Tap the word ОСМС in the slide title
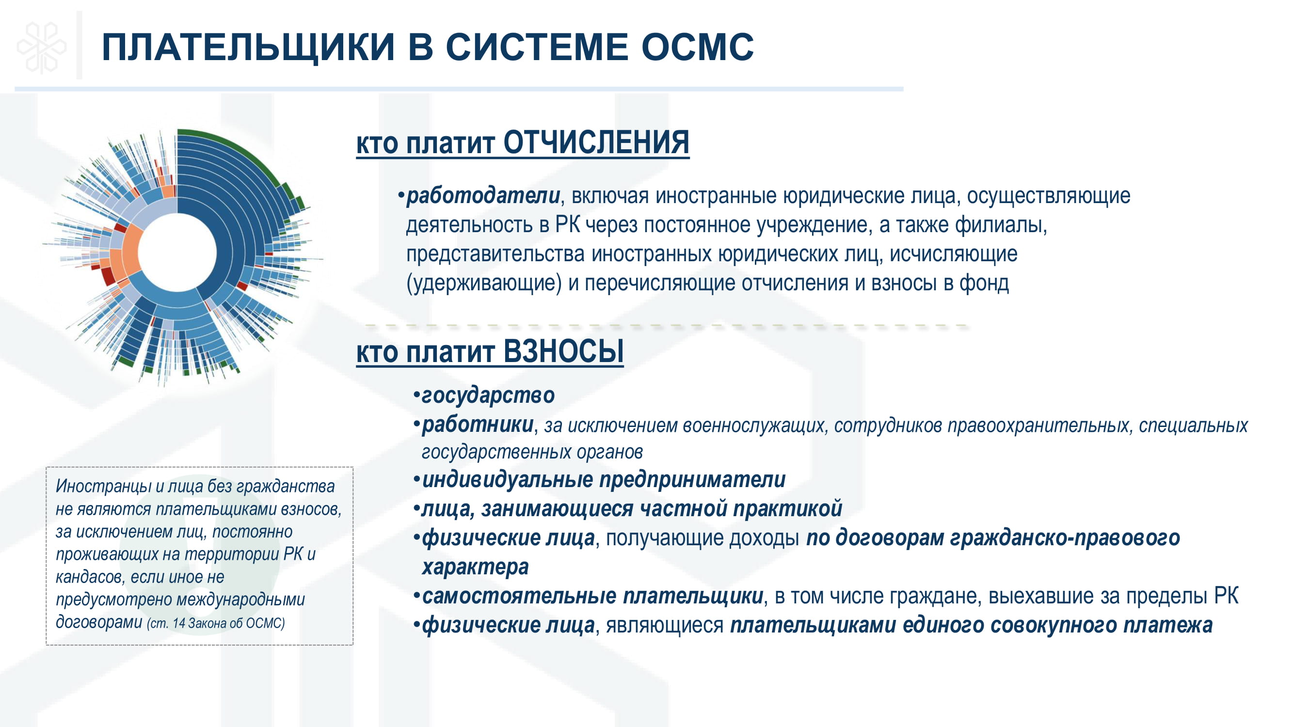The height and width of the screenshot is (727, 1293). tap(697, 47)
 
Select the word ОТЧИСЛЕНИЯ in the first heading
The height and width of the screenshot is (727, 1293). tap(596, 142)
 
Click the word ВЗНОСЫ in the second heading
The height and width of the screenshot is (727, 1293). tap(563, 351)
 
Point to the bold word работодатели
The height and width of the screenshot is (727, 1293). tap(483, 196)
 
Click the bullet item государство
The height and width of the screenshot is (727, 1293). tap(488, 395)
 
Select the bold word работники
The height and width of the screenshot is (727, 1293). tap(478, 425)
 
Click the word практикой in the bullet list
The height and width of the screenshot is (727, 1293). tap(787, 509)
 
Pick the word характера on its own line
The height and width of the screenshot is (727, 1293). tap(475, 567)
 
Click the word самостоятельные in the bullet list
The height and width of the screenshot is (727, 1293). tap(519, 596)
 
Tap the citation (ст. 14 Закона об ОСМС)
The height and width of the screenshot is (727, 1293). tap(216, 623)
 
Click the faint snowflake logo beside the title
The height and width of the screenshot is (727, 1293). tap(42, 48)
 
